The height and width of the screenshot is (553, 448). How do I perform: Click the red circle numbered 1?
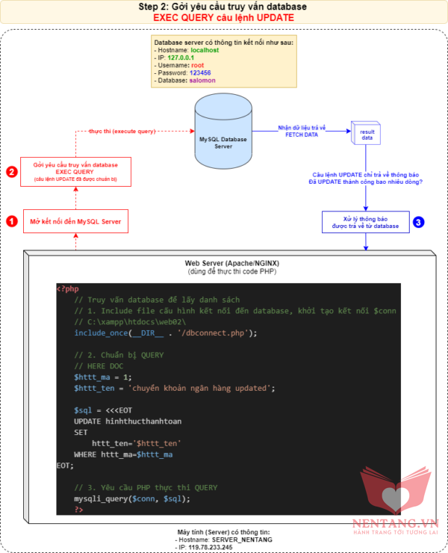tap(11, 221)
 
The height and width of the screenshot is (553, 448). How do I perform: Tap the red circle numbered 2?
tap(11, 172)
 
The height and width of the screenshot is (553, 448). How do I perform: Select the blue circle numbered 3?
tap(418, 222)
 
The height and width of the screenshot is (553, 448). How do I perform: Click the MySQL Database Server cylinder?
tap(223, 138)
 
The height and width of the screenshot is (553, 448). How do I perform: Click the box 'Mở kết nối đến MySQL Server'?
tap(75, 221)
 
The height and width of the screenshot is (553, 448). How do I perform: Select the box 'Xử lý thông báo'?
tap(365, 222)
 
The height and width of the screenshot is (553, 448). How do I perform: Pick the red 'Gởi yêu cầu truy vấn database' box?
tap(75, 171)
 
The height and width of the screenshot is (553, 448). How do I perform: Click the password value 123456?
tap(200, 73)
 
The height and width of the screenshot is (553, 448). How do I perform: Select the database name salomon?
tap(205, 81)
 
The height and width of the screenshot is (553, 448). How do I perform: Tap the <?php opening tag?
tap(68, 288)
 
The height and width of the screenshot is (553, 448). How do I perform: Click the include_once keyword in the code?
tap(101, 333)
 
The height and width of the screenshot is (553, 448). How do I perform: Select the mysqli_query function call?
tap(101, 498)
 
